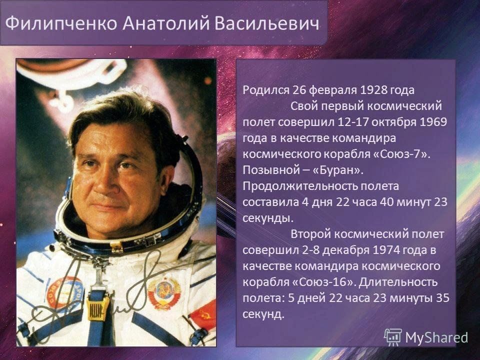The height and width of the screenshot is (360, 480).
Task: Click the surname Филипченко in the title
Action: (61, 23)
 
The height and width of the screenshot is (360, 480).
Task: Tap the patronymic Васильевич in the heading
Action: (267, 23)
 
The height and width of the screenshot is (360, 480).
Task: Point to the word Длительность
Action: (398, 282)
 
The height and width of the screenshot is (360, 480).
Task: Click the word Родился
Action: (266, 90)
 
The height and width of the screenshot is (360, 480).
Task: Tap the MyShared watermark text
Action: (436, 337)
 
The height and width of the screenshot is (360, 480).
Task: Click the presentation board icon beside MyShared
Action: (393, 337)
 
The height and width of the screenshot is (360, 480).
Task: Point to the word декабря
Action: (346, 250)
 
